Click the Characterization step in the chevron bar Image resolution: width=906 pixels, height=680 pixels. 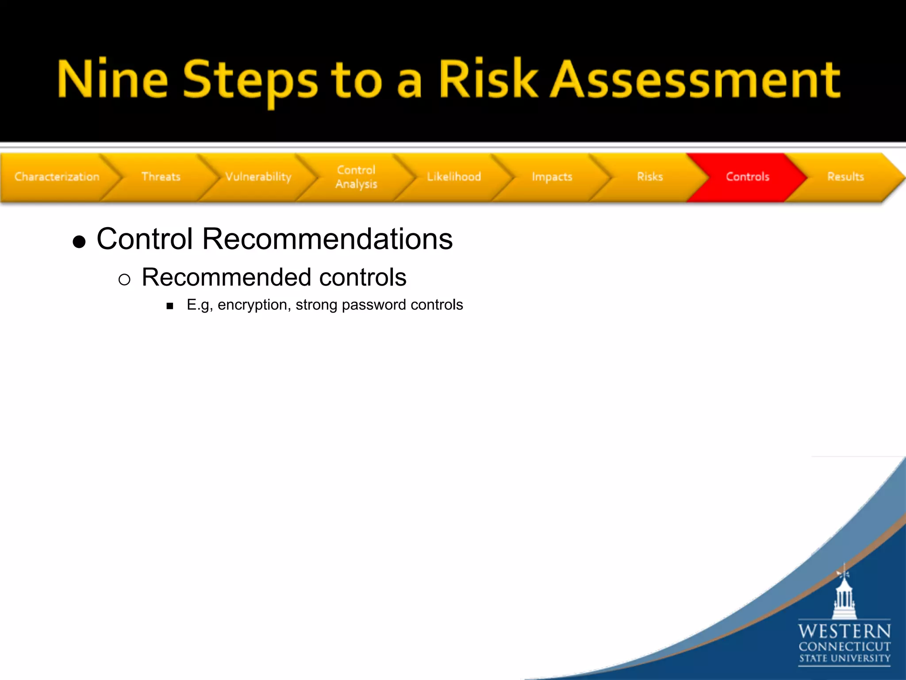coord(57,177)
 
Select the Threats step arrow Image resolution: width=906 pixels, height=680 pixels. coord(161,177)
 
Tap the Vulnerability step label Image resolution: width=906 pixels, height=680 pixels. coord(258,177)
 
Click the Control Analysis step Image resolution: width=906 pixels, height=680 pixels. coord(356,177)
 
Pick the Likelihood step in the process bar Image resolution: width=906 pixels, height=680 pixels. coord(454,177)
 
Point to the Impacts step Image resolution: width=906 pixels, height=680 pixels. coord(552,177)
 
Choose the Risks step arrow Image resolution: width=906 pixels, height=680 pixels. coord(650,177)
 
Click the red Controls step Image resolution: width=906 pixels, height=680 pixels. coord(748,177)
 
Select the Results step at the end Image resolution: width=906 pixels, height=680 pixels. coord(845,177)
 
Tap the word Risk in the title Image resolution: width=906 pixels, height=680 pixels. coord(488,80)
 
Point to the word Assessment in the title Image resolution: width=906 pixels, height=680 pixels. coord(695,80)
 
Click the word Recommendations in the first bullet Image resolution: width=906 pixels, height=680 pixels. coord(327,239)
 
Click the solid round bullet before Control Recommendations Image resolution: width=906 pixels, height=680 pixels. coord(79,242)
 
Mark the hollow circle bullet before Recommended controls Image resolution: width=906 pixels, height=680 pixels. coord(124,279)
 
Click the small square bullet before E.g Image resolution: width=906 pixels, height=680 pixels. coord(170,306)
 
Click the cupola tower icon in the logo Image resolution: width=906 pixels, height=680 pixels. coord(844,595)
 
